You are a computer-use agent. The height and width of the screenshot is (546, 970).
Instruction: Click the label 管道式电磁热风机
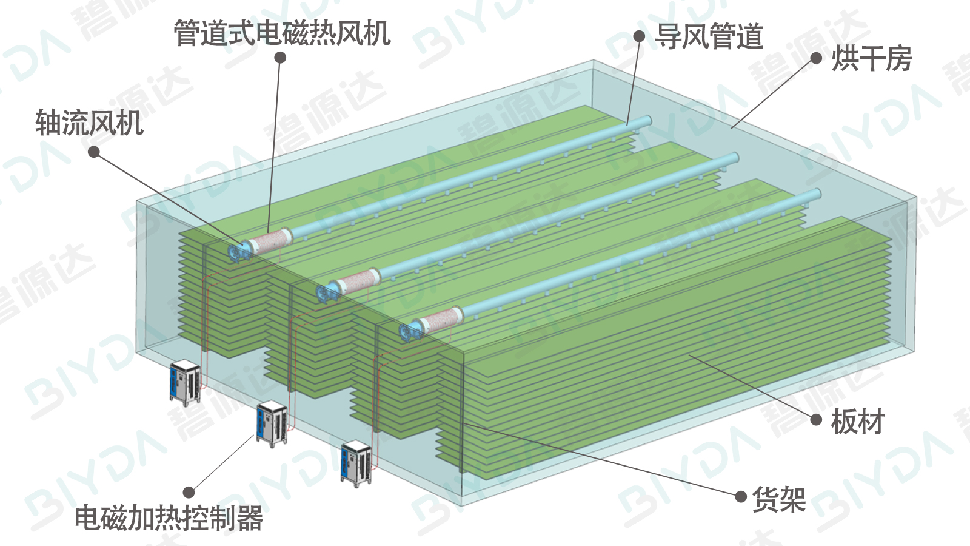[282, 33]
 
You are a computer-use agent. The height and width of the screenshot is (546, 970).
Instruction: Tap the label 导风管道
[709, 36]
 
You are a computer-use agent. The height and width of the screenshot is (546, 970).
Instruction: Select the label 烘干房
[871, 59]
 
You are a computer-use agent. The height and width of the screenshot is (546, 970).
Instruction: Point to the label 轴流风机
[89, 123]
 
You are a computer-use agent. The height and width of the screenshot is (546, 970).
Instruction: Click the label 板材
[857, 422]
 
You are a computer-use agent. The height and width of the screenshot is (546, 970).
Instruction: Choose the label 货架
[778, 499]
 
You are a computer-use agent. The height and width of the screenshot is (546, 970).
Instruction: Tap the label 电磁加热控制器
[169, 519]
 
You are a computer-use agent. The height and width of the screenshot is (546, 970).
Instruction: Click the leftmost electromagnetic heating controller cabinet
[185, 382]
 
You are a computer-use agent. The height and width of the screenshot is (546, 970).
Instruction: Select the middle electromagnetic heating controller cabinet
[272, 424]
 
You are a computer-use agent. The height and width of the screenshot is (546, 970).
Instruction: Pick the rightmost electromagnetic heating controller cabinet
[356, 463]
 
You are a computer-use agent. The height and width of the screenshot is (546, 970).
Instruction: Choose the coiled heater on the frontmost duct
[443, 319]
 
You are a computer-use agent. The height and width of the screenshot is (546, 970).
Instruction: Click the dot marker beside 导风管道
[639, 36]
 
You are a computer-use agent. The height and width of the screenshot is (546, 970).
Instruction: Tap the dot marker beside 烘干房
[816, 58]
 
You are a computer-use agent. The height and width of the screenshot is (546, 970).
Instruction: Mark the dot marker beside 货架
[740, 497]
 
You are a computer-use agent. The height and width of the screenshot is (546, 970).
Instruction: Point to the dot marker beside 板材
[816, 419]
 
